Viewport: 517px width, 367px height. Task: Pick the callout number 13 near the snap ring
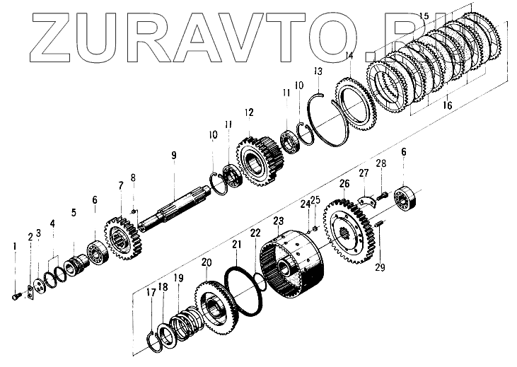[x=318, y=71]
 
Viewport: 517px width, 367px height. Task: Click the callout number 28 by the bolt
[x=381, y=164]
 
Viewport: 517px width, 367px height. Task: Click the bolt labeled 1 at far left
[x=16, y=297]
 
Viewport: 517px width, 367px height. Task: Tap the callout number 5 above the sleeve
[x=74, y=211]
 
